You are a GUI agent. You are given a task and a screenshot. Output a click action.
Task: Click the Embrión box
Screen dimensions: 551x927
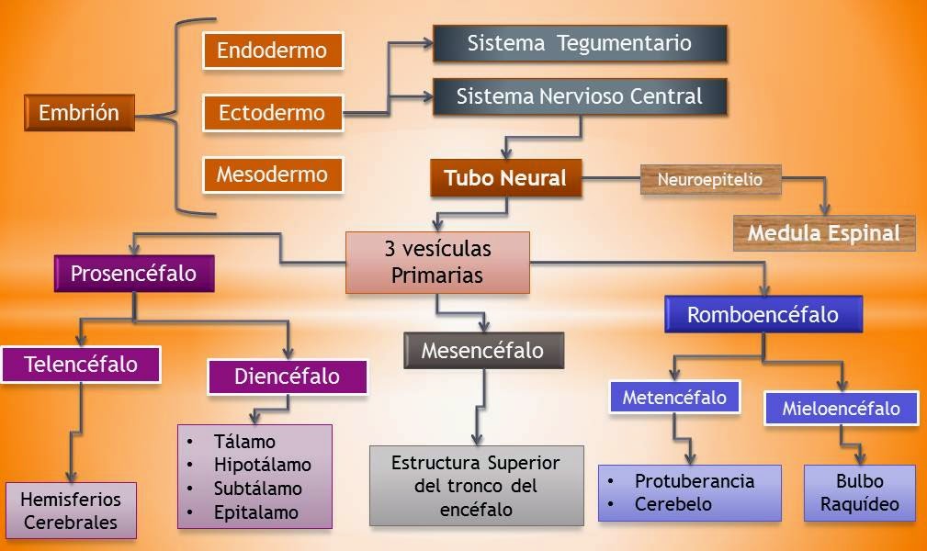(79, 113)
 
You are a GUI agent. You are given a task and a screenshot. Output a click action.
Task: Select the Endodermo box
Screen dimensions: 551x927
(272, 50)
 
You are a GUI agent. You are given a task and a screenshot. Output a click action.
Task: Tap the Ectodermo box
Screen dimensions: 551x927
(272, 113)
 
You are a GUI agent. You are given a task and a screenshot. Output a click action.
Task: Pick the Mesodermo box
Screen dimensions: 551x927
(272, 174)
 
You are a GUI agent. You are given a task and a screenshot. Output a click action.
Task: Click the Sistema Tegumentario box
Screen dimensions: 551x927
(579, 43)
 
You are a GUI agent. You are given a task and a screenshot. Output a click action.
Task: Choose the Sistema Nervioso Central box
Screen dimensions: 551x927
(579, 96)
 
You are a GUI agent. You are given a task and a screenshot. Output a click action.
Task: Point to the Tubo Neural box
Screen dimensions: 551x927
(505, 178)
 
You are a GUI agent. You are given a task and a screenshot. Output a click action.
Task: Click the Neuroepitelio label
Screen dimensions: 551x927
(709, 180)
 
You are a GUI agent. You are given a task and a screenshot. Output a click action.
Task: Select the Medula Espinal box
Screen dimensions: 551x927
(823, 233)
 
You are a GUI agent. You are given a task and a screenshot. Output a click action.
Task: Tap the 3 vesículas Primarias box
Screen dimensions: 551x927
(437, 262)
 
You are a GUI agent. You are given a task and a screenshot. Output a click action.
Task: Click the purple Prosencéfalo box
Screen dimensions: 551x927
(134, 274)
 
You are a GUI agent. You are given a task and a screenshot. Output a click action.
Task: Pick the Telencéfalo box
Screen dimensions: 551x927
(81, 364)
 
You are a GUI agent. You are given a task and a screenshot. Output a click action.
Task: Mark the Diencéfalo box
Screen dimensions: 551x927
(287, 377)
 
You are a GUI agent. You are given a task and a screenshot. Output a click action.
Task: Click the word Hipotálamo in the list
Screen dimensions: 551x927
(263, 465)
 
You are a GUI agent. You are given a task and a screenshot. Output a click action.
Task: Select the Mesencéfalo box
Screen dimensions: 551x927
(482, 351)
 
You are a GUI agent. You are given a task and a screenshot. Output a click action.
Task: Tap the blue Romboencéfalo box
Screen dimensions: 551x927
(763, 315)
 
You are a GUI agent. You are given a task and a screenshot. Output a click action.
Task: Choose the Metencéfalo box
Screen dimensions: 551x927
(674, 398)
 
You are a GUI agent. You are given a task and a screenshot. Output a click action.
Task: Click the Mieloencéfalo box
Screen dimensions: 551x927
(841, 408)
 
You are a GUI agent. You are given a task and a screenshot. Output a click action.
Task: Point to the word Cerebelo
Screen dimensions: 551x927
(673, 503)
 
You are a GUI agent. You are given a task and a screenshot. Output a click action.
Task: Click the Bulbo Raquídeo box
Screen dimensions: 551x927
(860, 493)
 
